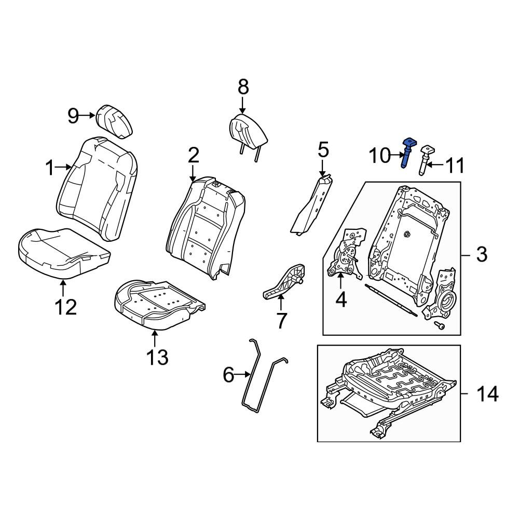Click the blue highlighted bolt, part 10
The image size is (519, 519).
[407, 153]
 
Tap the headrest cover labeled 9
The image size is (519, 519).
[114, 121]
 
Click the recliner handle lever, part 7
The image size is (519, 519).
[284, 282]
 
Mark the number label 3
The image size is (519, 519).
[482, 254]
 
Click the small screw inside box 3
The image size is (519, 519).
[439, 326]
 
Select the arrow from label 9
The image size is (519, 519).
[87, 115]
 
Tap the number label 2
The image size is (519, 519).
[193, 156]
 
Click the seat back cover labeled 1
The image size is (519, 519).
[98, 189]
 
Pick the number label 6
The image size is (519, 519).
[229, 375]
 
